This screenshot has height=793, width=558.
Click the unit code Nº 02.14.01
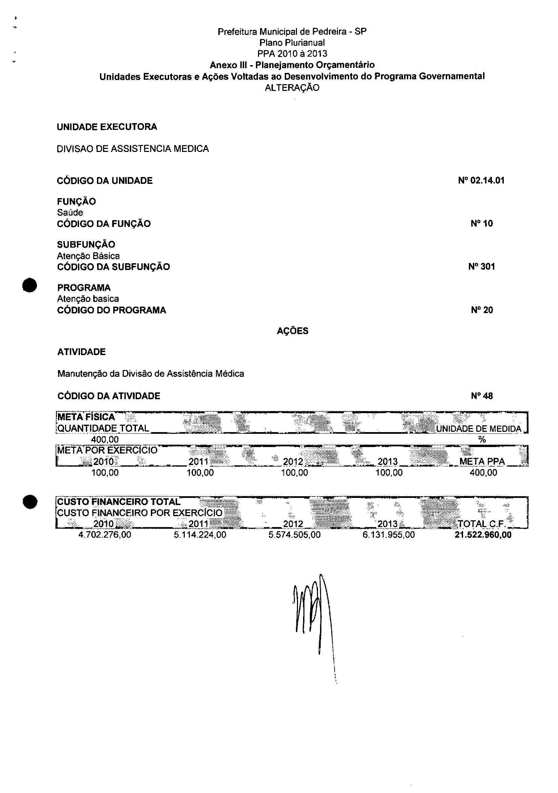pyautogui.click(x=481, y=180)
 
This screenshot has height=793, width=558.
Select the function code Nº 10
pyautogui.click(x=482, y=224)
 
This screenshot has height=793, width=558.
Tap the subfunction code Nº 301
pyautogui.click(x=481, y=267)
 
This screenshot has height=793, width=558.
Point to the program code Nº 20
pyautogui.click(x=482, y=310)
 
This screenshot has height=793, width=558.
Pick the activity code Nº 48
pyautogui.click(x=482, y=396)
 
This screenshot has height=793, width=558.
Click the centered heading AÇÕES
pyautogui.click(x=293, y=331)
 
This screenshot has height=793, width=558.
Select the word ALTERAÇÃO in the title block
pyautogui.click(x=292, y=88)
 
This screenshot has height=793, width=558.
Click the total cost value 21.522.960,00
pyautogui.click(x=483, y=535)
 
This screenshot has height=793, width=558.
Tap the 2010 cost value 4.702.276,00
pyautogui.click(x=105, y=535)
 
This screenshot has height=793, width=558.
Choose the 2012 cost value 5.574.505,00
pyautogui.click(x=294, y=535)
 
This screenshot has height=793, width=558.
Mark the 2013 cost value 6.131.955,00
pyautogui.click(x=388, y=535)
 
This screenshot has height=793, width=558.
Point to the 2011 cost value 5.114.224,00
pyautogui.click(x=200, y=535)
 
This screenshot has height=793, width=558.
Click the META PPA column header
pyautogui.click(x=482, y=461)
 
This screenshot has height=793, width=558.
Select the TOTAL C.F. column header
pyautogui.click(x=482, y=524)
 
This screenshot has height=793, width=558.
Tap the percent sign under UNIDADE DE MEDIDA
pyautogui.click(x=482, y=440)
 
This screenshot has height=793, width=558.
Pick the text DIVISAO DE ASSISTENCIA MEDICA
pyautogui.click(x=133, y=149)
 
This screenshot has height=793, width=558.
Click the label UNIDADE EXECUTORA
pyautogui.click(x=107, y=127)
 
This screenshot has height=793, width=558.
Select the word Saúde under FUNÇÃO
pyautogui.click(x=70, y=212)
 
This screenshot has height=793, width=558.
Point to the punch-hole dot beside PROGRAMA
pyautogui.click(x=30, y=285)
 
